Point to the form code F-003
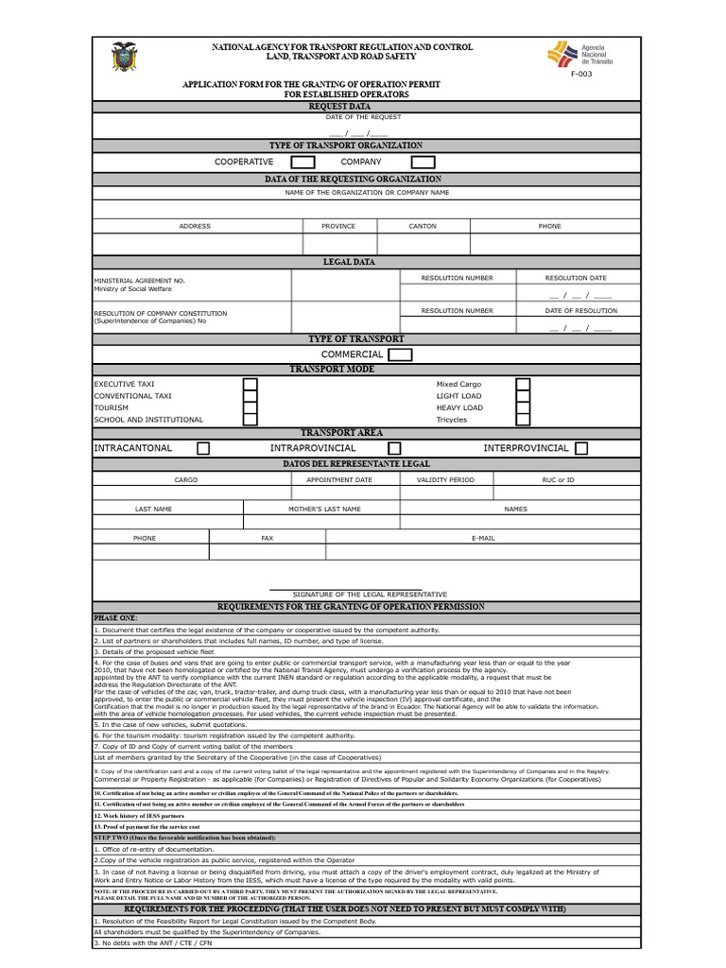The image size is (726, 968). point(581,74)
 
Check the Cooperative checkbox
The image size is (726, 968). point(302,163)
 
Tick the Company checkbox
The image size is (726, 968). point(423,163)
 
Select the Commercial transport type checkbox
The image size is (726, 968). point(400,354)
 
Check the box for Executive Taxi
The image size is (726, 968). point(251,385)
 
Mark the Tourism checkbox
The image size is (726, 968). point(251,408)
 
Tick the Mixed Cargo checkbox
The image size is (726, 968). point(523,385)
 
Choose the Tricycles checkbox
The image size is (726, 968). point(523,420)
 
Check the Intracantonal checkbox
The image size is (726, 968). point(203,448)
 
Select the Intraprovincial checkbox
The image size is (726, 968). point(394,448)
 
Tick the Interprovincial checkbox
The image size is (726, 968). point(581,448)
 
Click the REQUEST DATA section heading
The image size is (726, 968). point(339,107)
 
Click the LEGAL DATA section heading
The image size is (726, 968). point(349,262)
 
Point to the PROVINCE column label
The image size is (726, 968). point(338,227)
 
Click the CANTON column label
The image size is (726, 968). point(423,227)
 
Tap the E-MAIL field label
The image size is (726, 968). point(483,538)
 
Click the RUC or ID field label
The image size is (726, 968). point(559,480)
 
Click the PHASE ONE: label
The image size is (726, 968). point(115,617)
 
